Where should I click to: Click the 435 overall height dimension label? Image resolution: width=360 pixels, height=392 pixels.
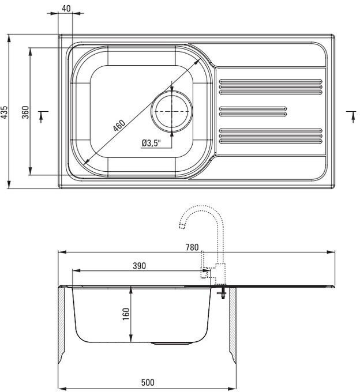point(4,112)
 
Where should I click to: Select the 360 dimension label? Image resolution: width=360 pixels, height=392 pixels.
point(25,112)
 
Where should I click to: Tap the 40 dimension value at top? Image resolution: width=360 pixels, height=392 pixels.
point(66,9)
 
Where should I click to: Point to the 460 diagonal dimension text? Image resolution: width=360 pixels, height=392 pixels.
point(119,126)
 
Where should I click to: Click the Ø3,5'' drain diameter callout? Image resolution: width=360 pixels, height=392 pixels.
point(151,143)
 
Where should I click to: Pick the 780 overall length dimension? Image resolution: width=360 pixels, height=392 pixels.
point(192,247)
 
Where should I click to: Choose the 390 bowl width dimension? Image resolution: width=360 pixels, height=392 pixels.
point(139,266)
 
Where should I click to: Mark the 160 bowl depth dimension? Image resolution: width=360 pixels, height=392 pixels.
point(126,314)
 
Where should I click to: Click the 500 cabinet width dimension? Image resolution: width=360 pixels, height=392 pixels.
point(148,382)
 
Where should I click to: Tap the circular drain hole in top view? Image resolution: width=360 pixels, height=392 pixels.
point(171,111)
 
